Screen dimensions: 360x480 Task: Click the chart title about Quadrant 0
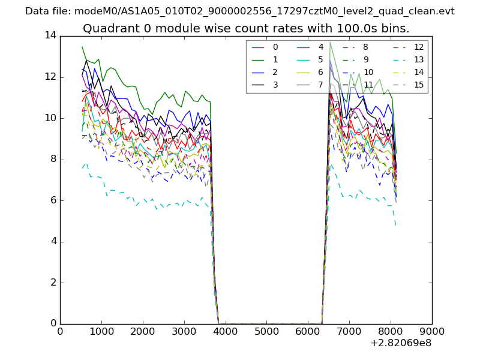(x=246, y=28)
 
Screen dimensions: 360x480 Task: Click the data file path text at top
(x=240, y=11)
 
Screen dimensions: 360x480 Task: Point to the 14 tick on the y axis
(x=50, y=35)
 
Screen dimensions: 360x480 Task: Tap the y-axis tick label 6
(x=53, y=200)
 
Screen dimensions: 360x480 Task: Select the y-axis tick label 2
(x=53, y=283)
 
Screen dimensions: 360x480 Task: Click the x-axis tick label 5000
(x=266, y=331)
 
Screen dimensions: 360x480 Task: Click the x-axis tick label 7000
(x=349, y=331)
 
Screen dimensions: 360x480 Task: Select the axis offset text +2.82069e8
(x=401, y=343)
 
